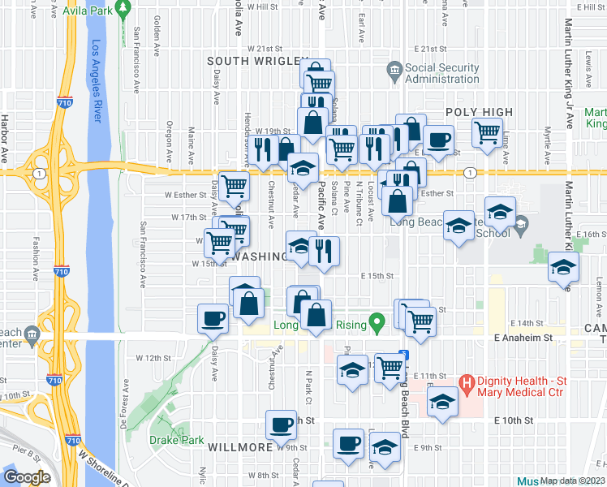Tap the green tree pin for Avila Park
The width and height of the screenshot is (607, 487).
pos(123,11)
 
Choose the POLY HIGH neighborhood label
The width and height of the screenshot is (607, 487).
pos(479,112)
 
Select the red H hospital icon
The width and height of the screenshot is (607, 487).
pos(467,381)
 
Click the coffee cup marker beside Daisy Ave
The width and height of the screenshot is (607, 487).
pos(213,318)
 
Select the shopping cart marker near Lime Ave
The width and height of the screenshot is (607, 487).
pos(486,132)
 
